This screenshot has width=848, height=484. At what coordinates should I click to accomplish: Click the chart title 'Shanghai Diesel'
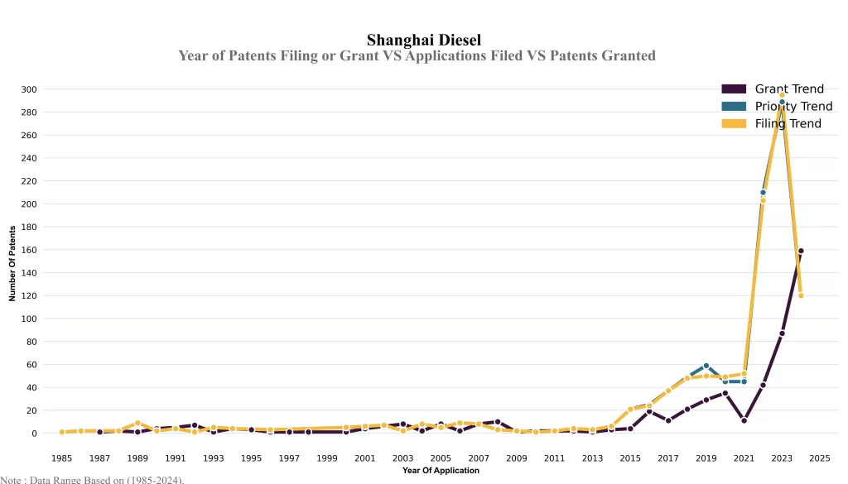click(x=423, y=40)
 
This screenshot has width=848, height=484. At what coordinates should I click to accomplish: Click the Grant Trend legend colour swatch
click(x=734, y=89)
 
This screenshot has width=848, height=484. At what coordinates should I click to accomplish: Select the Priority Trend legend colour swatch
click(x=734, y=106)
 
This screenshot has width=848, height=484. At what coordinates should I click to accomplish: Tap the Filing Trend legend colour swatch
click(x=734, y=123)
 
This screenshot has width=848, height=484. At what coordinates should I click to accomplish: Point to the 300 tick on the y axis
click(x=29, y=89)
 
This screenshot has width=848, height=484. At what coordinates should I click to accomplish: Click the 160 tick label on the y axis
click(x=29, y=250)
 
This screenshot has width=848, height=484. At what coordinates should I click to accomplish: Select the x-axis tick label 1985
click(x=62, y=458)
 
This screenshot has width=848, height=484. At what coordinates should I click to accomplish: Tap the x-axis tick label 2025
click(x=820, y=458)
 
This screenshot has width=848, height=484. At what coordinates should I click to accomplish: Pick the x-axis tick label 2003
click(x=403, y=458)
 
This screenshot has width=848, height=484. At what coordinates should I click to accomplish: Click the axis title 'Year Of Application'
click(x=441, y=471)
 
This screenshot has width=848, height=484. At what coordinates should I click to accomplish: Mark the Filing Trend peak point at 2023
click(x=782, y=95)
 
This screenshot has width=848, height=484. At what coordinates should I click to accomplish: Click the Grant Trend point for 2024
click(x=801, y=251)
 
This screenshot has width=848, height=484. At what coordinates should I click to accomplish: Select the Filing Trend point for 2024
click(x=801, y=295)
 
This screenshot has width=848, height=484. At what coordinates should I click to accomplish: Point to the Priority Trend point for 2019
click(x=706, y=366)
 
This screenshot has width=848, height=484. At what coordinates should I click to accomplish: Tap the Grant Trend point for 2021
click(x=744, y=420)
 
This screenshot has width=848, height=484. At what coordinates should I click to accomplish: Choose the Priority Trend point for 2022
click(x=763, y=193)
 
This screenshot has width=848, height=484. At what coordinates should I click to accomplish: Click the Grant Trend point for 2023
click(x=782, y=333)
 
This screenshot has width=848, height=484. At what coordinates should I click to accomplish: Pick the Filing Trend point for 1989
click(x=137, y=423)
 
